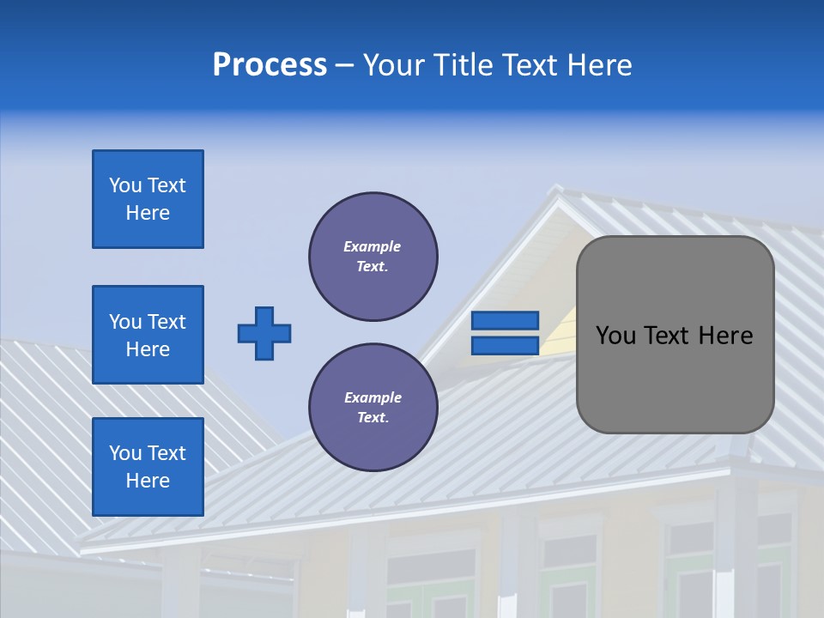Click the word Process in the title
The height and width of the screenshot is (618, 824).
(x=270, y=64)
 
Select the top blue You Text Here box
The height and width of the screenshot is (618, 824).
(x=148, y=199)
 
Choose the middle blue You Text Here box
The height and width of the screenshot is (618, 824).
(x=148, y=335)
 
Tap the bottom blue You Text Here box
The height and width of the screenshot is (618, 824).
(x=148, y=467)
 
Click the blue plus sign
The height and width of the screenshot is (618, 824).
(x=264, y=333)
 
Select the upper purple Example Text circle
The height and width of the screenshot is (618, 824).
(x=373, y=257)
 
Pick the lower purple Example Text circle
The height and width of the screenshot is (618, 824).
(x=373, y=408)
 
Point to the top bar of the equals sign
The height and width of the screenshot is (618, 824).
(x=505, y=321)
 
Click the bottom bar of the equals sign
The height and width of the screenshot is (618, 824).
(x=505, y=346)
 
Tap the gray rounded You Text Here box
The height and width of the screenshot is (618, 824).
(x=675, y=335)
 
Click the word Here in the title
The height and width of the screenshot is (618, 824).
(x=601, y=64)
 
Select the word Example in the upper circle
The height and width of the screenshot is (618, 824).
(x=373, y=246)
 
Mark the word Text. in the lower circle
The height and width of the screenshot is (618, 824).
(x=373, y=418)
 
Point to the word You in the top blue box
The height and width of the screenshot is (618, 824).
(x=124, y=185)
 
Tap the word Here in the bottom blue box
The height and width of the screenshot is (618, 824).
(x=148, y=481)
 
